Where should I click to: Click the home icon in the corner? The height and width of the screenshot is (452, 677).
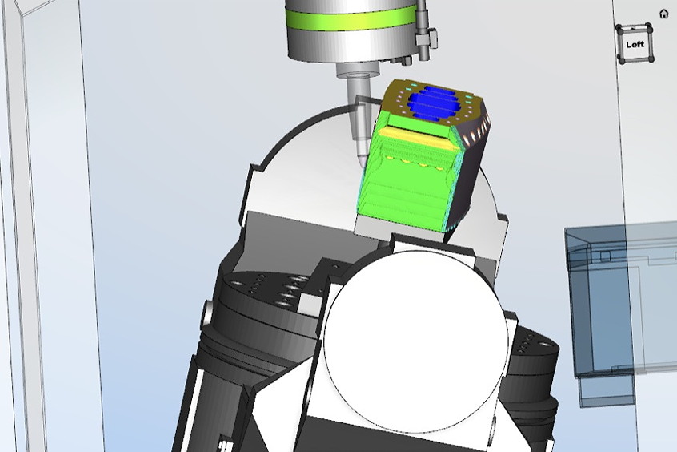[x=664, y=14]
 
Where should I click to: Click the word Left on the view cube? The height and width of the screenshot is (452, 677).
[x=635, y=45]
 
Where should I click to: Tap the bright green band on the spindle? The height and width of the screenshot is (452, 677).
[x=351, y=18]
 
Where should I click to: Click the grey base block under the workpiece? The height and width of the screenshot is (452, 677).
[x=397, y=228]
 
